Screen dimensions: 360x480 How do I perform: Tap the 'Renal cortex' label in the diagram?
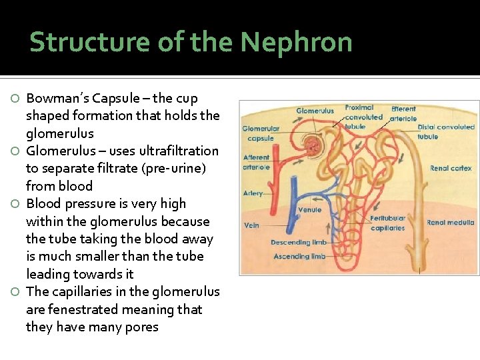point(451,169)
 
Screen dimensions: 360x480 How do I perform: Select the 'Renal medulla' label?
point(451,223)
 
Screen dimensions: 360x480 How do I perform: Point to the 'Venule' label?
point(309,210)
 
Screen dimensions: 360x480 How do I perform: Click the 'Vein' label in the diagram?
point(251,225)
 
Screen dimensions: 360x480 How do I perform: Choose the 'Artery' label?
point(253,193)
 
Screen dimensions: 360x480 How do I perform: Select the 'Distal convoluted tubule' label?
point(446,131)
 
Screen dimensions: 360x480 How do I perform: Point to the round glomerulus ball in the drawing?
point(311,143)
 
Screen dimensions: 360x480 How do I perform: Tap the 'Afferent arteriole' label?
point(257,163)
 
